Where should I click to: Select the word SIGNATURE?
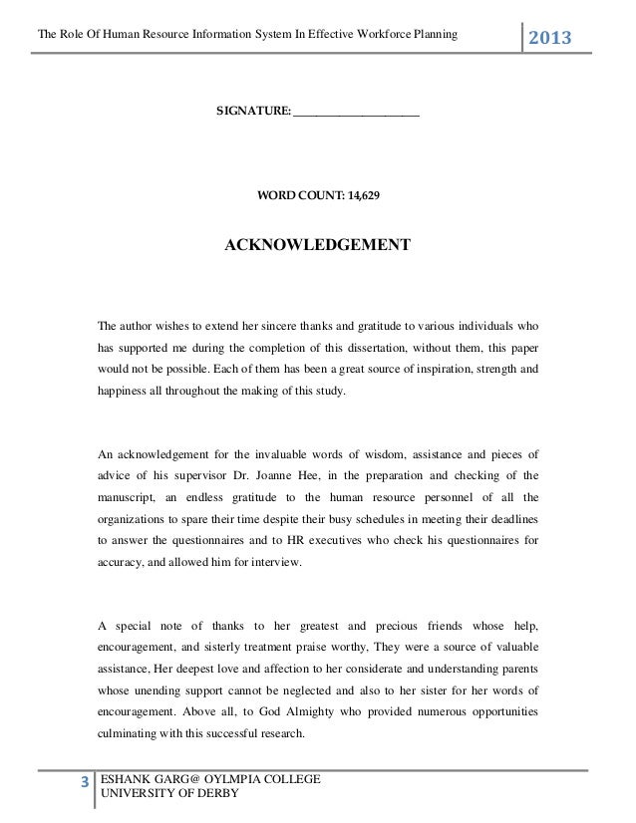click(253, 115)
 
